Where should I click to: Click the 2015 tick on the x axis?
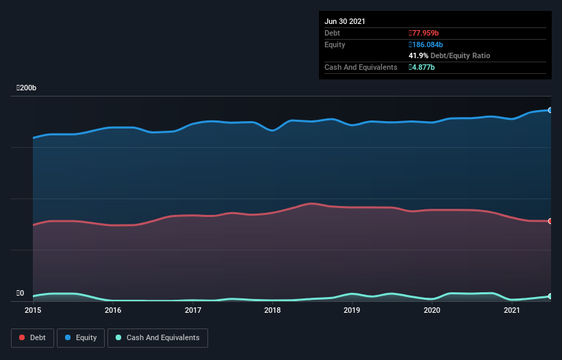click(x=33, y=310)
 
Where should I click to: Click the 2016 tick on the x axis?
click(x=113, y=310)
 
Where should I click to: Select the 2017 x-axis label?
click(x=193, y=310)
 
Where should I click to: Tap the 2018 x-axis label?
click(x=272, y=310)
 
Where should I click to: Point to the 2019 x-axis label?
click(x=352, y=310)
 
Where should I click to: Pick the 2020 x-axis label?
click(x=432, y=310)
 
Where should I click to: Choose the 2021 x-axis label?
click(x=512, y=310)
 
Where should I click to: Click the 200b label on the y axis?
click(x=27, y=88)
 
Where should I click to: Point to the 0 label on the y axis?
click(x=22, y=293)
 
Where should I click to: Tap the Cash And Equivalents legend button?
click(x=157, y=337)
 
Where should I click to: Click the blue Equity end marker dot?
click(x=550, y=110)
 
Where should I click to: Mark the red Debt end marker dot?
click(x=550, y=221)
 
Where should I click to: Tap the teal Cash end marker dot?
click(x=550, y=296)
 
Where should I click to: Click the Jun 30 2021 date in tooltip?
click(x=345, y=21)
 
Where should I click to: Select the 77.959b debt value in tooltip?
click(x=425, y=33)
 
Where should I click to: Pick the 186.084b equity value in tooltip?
click(x=428, y=44)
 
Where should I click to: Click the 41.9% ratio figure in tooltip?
click(x=418, y=55)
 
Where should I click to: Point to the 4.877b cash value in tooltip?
click(x=422, y=67)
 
